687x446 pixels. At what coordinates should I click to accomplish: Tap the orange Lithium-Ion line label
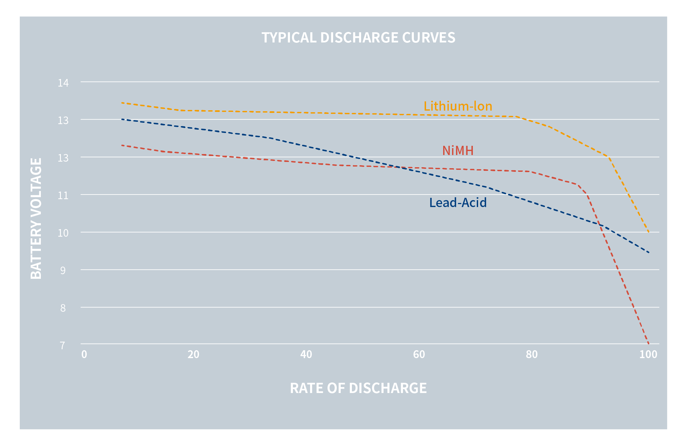[x=458, y=106]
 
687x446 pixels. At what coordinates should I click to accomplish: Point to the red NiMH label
[x=458, y=151]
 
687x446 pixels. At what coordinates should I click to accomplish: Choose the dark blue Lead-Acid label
[x=458, y=203]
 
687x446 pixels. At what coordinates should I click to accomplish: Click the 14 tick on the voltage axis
[x=63, y=83]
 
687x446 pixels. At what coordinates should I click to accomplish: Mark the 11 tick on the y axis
[x=63, y=196]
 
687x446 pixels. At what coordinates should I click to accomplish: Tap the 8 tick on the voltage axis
[x=63, y=308]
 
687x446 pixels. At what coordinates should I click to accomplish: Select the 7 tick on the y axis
[x=63, y=346]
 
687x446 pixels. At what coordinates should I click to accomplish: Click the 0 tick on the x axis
[x=84, y=354]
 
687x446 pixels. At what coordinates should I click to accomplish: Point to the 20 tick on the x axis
[x=193, y=354]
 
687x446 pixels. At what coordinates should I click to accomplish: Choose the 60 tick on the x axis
[x=419, y=354]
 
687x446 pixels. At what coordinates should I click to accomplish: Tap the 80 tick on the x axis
[x=532, y=354]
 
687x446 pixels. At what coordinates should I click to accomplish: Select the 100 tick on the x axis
[x=648, y=354]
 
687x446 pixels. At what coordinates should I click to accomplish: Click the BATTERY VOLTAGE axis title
[x=36, y=219]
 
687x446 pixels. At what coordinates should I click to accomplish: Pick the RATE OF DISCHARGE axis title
[x=358, y=388]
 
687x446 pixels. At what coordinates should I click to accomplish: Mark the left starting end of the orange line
[x=122, y=103]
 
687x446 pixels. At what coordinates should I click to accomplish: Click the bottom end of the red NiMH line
[x=648, y=344]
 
